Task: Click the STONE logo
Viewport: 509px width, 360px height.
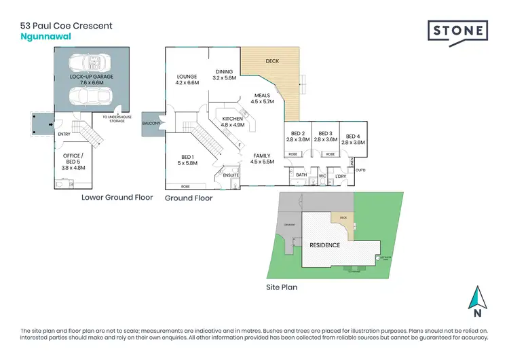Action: (458, 31)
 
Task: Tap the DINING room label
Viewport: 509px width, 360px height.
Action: (225, 75)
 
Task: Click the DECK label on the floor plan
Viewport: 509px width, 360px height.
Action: (272, 61)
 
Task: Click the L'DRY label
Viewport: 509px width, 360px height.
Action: (341, 176)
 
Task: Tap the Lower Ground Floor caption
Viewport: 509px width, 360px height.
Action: (117, 198)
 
